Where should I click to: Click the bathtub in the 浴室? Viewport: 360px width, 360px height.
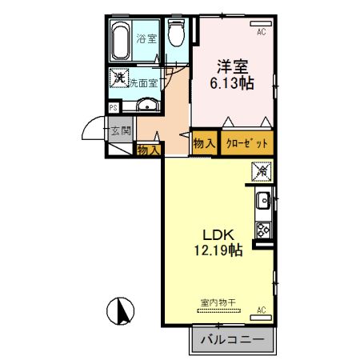point(120,41)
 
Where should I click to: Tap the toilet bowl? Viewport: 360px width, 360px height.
point(176,33)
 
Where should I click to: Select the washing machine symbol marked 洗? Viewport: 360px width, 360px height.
point(119,78)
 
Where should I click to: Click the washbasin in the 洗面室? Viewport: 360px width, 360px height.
point(147,104)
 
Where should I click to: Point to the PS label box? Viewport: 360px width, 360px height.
point(114,108)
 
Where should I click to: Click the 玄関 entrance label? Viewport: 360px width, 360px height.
point(121,130)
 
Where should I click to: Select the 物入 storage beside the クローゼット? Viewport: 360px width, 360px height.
point(205,143)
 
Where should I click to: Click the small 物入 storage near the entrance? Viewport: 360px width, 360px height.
point(149,150)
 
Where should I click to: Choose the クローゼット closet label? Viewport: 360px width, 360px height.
point(246,144)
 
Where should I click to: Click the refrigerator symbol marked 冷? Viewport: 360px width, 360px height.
point(262,171)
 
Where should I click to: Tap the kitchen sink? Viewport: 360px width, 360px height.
point(264,201)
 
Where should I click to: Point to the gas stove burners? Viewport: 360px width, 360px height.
point(263,230)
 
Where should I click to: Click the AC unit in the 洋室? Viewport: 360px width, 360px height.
point(261,23)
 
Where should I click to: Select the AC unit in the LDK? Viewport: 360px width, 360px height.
point(261,318)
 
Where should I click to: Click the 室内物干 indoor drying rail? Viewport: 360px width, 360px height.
point(218,310)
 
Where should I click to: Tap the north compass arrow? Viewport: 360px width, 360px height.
point(122,310)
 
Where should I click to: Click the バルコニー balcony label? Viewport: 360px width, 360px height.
point(232,340)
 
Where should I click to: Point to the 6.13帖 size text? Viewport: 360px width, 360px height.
point(231,83)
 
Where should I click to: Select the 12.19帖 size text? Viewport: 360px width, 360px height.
point(218,250)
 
